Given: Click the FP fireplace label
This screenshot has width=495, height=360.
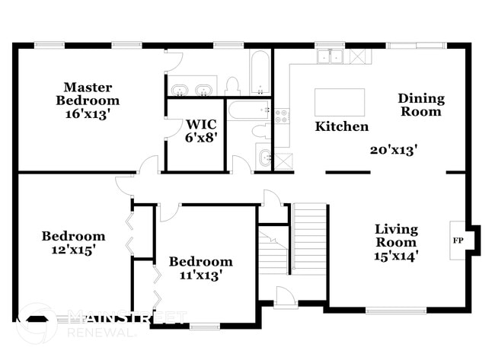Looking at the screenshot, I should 458,241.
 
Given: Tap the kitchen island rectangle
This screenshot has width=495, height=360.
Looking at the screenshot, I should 340,102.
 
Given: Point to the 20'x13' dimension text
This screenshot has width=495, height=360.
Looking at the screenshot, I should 393,151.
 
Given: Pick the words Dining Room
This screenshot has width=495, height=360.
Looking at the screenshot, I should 421,105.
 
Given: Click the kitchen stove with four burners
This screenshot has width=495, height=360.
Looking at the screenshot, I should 282,116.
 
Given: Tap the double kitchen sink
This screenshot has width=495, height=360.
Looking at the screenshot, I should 331,56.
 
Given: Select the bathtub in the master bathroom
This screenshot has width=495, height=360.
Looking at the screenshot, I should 259,72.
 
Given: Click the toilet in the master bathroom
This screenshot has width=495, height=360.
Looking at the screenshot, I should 234,84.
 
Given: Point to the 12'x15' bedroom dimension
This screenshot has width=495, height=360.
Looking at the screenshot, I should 73,249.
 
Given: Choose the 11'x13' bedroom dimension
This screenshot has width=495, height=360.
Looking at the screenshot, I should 200,275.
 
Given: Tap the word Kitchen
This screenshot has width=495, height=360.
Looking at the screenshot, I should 342,127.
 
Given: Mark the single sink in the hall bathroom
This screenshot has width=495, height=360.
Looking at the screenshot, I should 264,158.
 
